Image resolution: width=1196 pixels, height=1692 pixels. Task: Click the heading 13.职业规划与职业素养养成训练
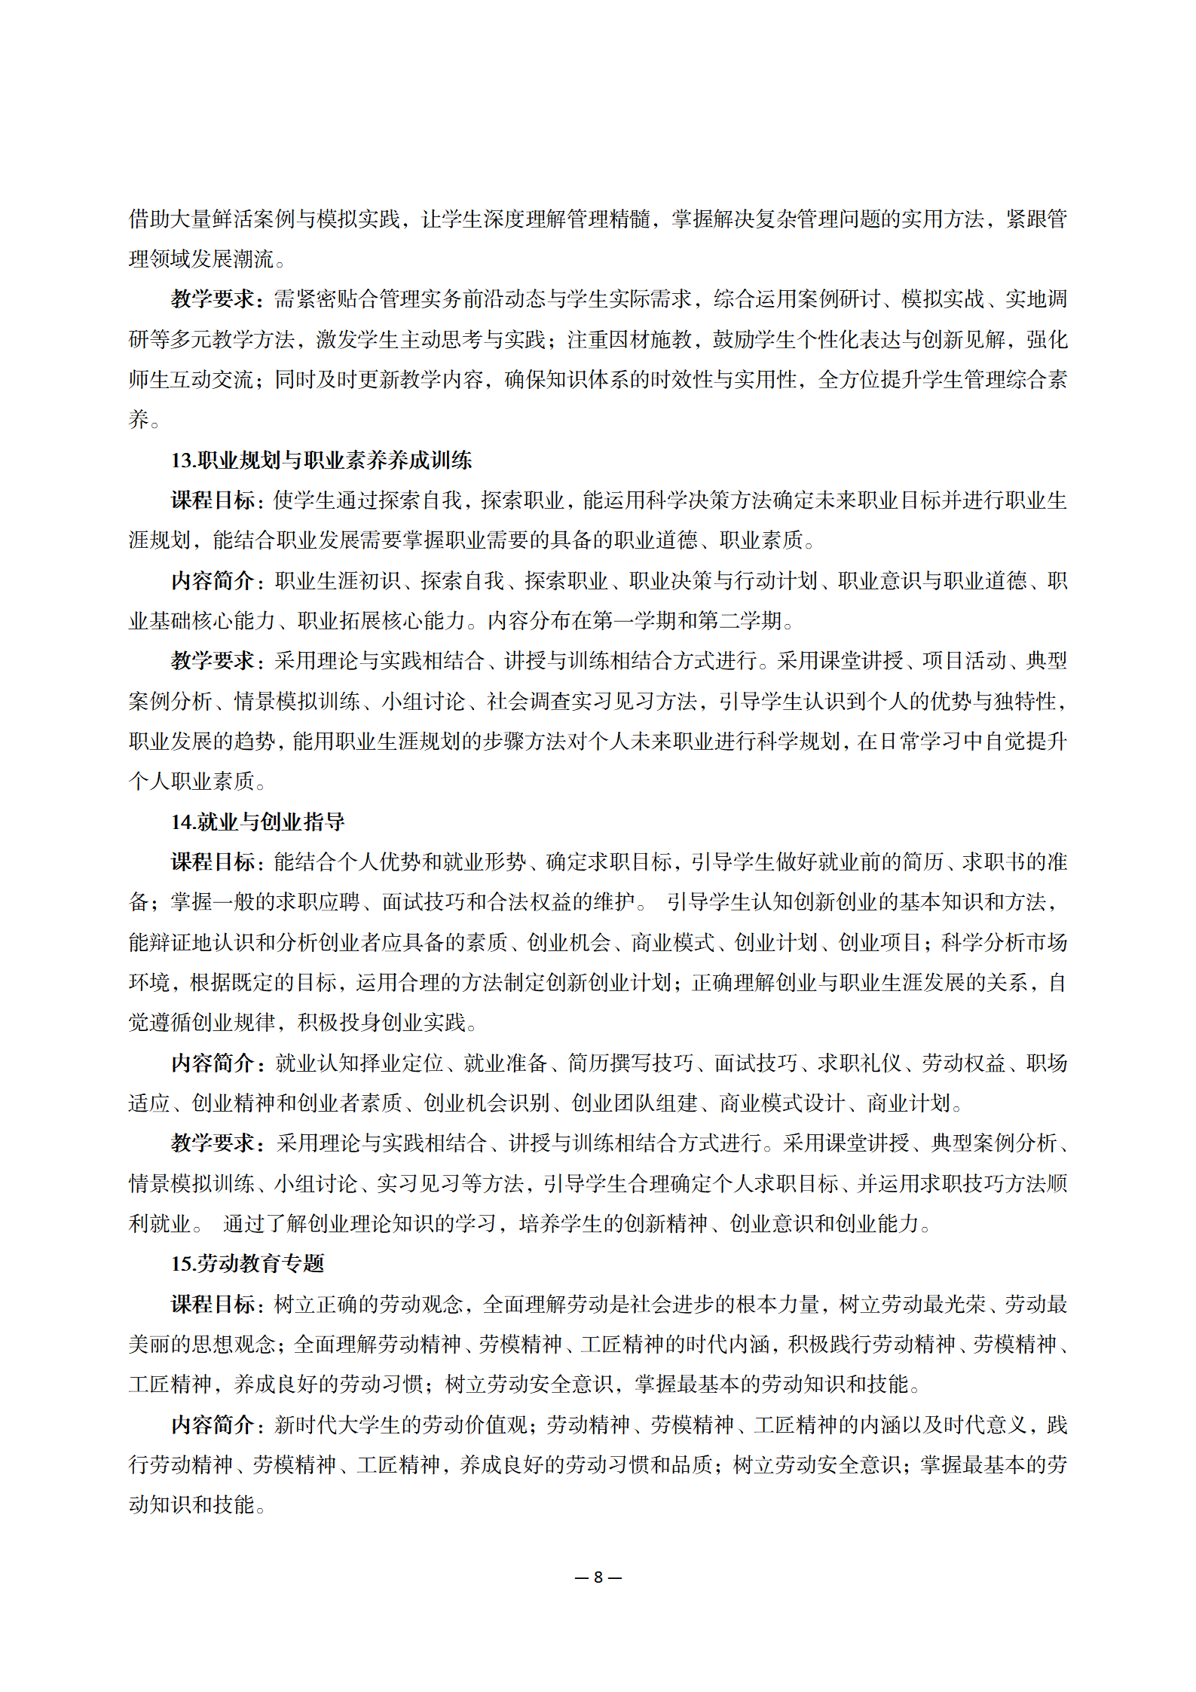pos(321,460)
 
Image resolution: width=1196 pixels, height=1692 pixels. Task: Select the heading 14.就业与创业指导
pos(257,822)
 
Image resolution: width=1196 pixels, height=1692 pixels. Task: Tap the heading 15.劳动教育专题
pos(247,1264)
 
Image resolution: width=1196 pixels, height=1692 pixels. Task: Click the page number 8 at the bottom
pos(598,1577)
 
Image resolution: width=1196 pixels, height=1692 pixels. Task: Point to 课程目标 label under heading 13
pos(213,500)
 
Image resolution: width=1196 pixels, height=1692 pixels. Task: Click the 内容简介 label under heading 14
pos(213,1063)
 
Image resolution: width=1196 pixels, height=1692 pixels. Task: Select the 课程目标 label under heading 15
pos(213,1305)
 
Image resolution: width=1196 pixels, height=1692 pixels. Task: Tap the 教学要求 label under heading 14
pos(213,1143)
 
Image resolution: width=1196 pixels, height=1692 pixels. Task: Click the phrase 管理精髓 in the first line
pos(609,219)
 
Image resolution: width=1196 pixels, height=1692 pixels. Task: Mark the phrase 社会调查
pos(528,702)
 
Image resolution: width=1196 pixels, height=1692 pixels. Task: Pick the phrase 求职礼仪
pos(859,1063)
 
